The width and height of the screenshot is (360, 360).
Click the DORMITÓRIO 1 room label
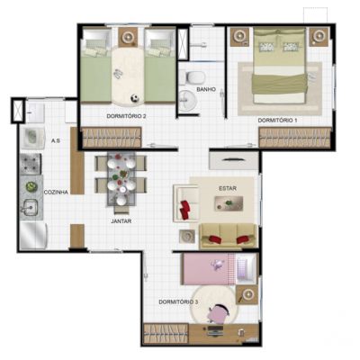coord(277,121)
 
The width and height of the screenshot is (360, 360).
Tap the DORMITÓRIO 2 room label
coord(126,116)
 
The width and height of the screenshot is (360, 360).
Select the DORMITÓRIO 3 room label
coord(178,301)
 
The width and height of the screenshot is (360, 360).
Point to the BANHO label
coord(206,89)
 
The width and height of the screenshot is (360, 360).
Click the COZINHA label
coord(56,192)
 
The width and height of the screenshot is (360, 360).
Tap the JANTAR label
coord(121,221)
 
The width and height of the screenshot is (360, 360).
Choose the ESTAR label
coord(228,188)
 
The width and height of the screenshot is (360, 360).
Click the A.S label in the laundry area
coord(56,140)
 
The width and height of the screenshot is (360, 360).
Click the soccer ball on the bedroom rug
coord(135,98)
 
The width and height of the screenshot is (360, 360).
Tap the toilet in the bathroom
coord(194,77)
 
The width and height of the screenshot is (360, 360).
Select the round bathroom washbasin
coord(187,101)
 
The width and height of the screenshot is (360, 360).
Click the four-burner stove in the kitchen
coord(31,164)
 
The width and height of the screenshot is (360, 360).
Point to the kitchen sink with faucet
coord(31,207)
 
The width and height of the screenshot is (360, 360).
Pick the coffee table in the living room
coord(229,203)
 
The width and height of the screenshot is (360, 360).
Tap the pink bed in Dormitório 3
coord(209,269)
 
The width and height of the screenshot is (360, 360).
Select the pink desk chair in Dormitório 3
coord(220,313)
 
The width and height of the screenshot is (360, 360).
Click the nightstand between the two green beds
coord(129,37)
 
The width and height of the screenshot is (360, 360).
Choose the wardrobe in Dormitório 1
coord(295,138)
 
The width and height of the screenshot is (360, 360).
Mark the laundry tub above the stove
coord(32,139)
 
